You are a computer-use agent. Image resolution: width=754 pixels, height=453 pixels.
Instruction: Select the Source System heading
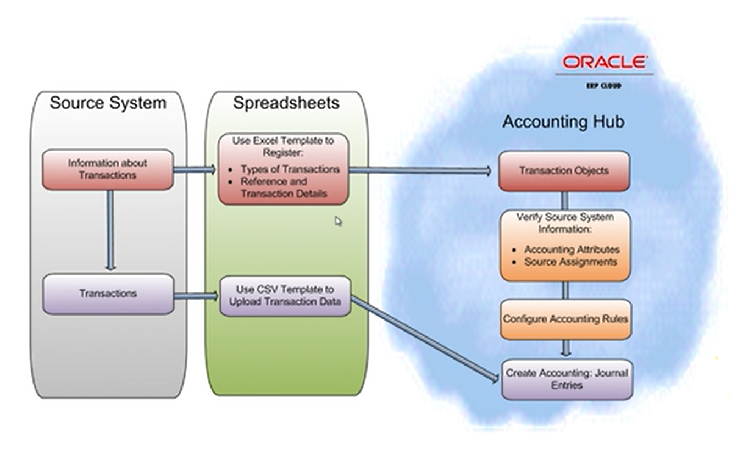[x=108, y=103]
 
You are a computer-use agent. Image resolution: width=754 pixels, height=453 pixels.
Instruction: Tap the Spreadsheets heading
[x=286, y=103]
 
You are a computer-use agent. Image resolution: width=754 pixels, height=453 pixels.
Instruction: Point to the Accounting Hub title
[x=563, y=121]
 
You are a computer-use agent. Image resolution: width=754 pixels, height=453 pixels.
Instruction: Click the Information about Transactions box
[x=108, y=169]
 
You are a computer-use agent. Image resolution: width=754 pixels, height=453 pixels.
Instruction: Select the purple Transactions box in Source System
[x=108, y=294]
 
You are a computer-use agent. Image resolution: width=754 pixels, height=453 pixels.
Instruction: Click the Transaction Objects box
[x=564, y=171]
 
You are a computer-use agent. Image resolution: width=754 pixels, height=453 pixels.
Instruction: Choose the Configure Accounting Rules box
[x=565, y=319]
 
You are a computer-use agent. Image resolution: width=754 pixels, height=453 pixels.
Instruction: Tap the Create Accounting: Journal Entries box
[x=567, y=379]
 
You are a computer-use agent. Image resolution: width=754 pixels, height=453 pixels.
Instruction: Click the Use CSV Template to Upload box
[x=285, y=296]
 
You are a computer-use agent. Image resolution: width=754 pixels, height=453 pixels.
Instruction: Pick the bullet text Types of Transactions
[x=290, y=169]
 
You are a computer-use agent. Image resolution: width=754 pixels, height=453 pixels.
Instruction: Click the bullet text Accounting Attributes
[x=572, y=250]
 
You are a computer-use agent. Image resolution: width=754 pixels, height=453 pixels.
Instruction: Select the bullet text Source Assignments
[x=570, y=262]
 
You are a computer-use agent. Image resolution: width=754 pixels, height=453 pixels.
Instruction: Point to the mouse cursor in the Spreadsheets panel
[x=338, y=220]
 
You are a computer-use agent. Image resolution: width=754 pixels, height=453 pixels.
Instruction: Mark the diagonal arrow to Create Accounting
[x=426, y=339]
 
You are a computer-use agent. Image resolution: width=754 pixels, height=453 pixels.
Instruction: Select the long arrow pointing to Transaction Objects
[x=420, y=171]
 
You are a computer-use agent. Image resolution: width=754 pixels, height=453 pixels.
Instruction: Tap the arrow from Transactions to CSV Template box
[x=196, y=296]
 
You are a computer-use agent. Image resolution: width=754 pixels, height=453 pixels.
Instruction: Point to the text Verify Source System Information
[x=565, y=223]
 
